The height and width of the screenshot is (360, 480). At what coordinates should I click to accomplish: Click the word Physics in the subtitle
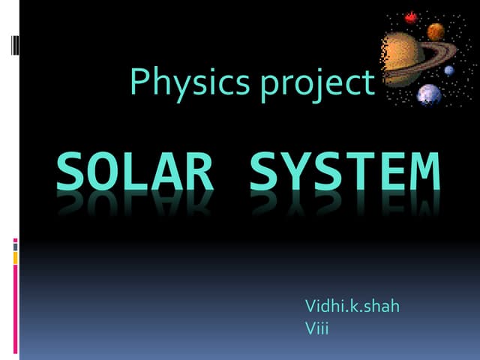(190, 83)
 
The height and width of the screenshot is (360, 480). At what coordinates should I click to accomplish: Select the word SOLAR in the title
(135, 171)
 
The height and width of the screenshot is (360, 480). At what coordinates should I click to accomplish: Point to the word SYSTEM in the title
(345, 171)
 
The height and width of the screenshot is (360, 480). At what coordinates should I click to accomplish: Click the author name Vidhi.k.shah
(352, 306)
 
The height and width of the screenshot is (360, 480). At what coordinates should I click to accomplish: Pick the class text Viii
(316, 328)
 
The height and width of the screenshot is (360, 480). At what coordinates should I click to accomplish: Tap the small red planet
(411, 17)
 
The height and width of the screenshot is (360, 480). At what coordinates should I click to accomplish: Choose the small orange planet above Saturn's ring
(436, 31)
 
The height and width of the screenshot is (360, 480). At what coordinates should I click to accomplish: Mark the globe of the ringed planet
(402, 58)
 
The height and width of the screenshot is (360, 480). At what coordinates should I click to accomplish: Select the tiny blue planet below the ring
(449, 70)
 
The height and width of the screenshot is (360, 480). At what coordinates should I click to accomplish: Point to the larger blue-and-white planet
(429, 94)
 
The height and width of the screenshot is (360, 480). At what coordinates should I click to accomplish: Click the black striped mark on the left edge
(15, 45)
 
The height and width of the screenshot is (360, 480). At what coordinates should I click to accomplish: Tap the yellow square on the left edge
(15, 258)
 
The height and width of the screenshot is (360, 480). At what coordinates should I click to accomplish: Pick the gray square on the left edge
(15, 247)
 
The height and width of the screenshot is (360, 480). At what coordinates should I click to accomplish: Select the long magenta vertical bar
(15, 309)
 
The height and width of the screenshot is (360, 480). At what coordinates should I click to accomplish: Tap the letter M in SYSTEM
(425, 171)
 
